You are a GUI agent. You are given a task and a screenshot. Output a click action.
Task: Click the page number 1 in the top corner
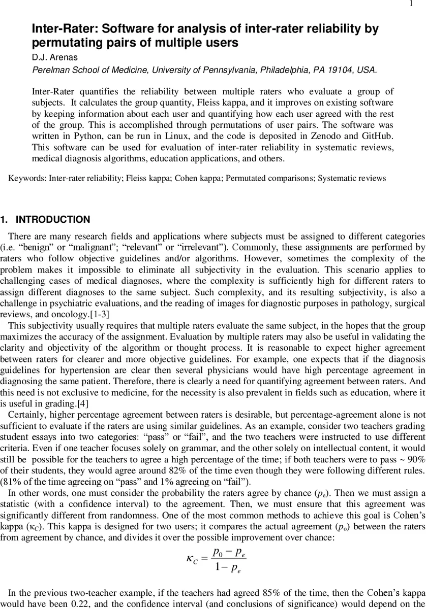click(411, 4)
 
